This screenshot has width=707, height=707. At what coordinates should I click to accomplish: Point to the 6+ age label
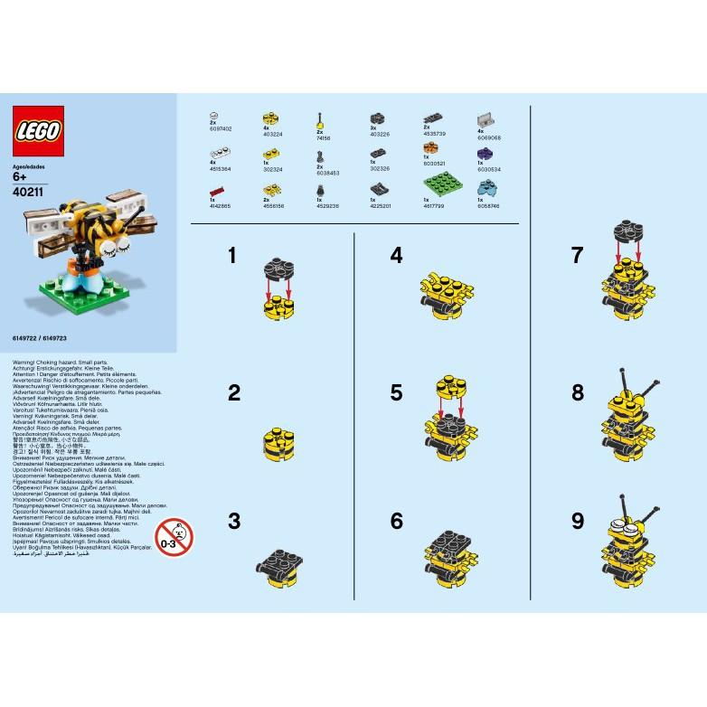point(24,177)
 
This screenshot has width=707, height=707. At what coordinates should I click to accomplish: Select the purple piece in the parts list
point(485,153)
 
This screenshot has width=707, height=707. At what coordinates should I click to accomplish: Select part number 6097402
point(221,128)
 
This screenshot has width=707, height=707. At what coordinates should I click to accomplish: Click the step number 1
point(232,256)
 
